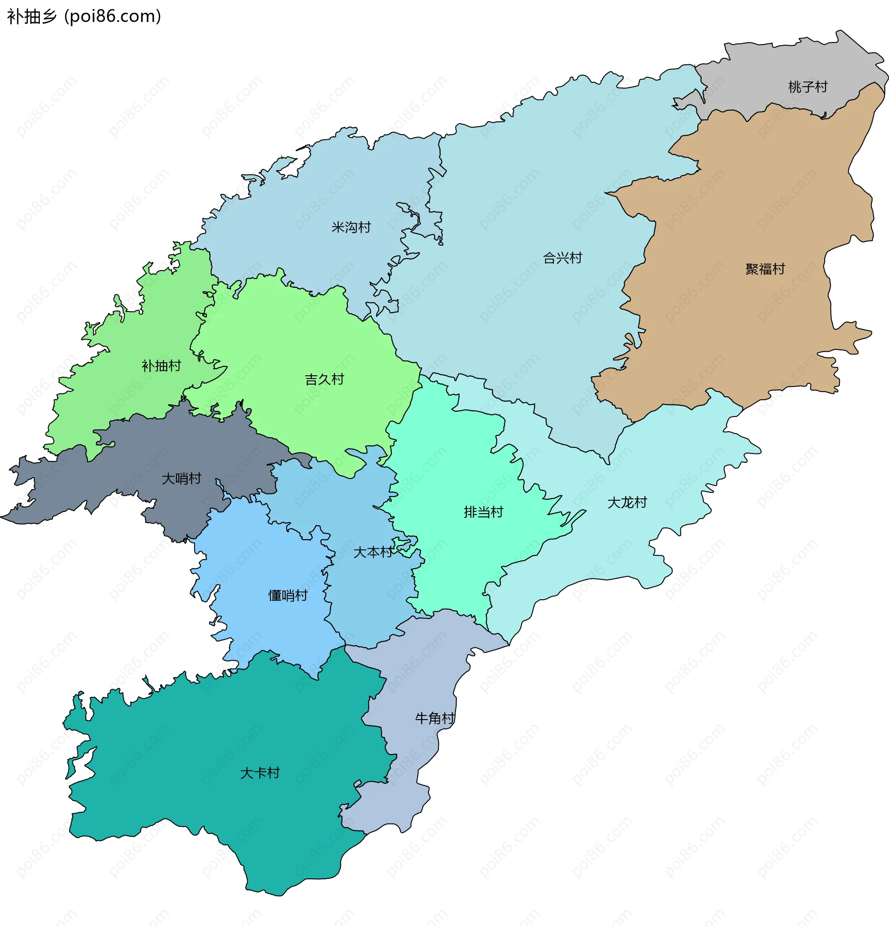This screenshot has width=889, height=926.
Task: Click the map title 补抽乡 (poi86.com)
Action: tap(84, 17)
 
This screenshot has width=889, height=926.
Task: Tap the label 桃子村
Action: tap(808, 87)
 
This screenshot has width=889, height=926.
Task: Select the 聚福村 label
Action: tap(765, 269)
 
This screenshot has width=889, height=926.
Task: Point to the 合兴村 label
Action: tap(563, 258)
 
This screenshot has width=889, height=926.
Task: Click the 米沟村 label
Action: tap(351, 227)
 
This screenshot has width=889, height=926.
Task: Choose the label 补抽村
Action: tap(161, 366)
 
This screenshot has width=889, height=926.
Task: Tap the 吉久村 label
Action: tap(324, 379)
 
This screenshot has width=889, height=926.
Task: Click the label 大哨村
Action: tap(182, 479)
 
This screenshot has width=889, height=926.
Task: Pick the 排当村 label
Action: tap(483, 512)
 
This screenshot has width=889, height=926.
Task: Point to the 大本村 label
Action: tap(372, 552)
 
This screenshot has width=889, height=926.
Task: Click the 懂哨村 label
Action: tap(288, 595)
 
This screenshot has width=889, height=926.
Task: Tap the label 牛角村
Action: tap(435, 719)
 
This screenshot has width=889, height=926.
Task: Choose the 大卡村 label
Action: tap(260, 773)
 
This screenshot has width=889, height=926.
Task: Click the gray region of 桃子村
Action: tap(775, 66)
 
